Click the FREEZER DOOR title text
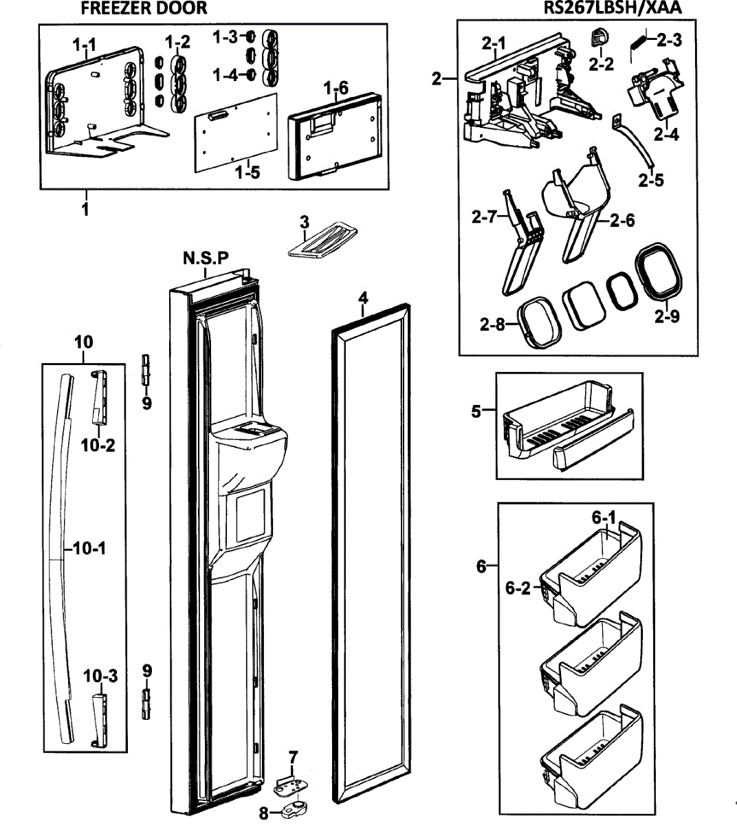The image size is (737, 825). [143, 8]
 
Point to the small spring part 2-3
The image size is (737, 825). [639, 49]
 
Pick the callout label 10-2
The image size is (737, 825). [98, 445]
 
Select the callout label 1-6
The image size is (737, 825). [335, 88]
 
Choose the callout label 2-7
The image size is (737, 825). [484, 217]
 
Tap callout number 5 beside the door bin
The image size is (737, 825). [476, 411]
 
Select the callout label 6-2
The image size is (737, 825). [518, 588]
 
